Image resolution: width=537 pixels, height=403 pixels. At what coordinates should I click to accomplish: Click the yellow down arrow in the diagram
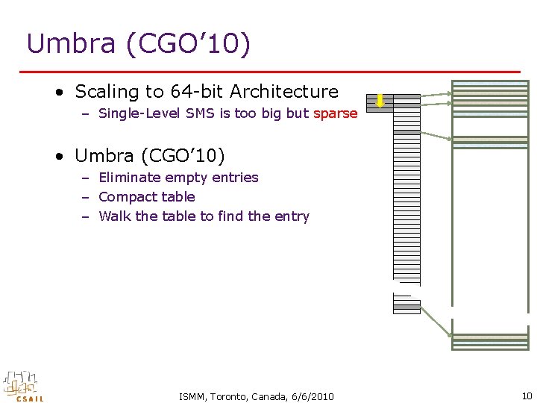point(380,101)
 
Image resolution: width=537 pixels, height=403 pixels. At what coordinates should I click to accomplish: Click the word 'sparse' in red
point(336,114)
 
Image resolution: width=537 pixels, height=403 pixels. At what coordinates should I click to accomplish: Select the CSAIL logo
point(23,386)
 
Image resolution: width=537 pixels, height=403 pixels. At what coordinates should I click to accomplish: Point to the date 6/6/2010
point(309,396)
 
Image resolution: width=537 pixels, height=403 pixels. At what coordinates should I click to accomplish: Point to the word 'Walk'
point(114,216)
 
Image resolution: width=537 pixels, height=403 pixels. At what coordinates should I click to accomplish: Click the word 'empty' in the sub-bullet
point(184,178)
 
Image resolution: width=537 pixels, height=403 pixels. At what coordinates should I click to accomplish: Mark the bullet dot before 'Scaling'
point(58,93)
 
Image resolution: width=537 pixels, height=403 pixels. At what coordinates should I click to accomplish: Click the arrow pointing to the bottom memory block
point(435,322)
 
